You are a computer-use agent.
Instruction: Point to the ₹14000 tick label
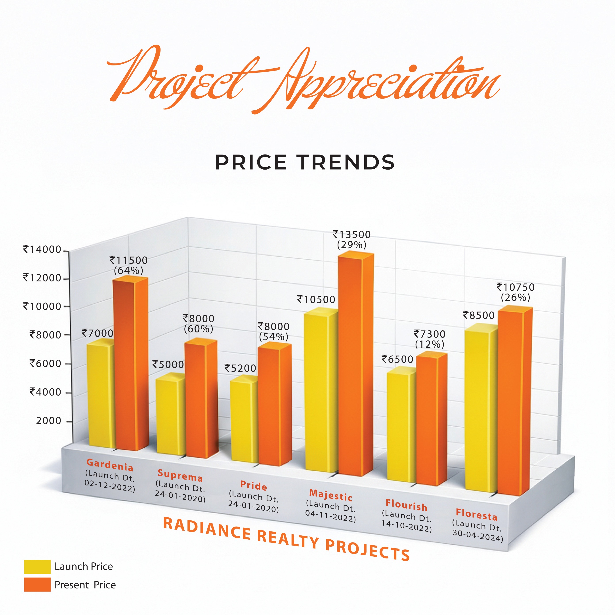tap(42, 249)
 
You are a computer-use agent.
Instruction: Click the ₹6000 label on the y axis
tap(45, 363)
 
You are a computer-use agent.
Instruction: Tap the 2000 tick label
tap(48, 421)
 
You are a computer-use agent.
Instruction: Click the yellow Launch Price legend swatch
tap(37, 567)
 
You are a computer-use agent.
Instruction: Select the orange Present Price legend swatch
tap(37, 585)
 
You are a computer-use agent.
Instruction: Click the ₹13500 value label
tap(351, 235)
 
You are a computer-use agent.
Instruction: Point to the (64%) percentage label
tap(129, 271)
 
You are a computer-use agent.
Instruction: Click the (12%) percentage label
tap(430, 344)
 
